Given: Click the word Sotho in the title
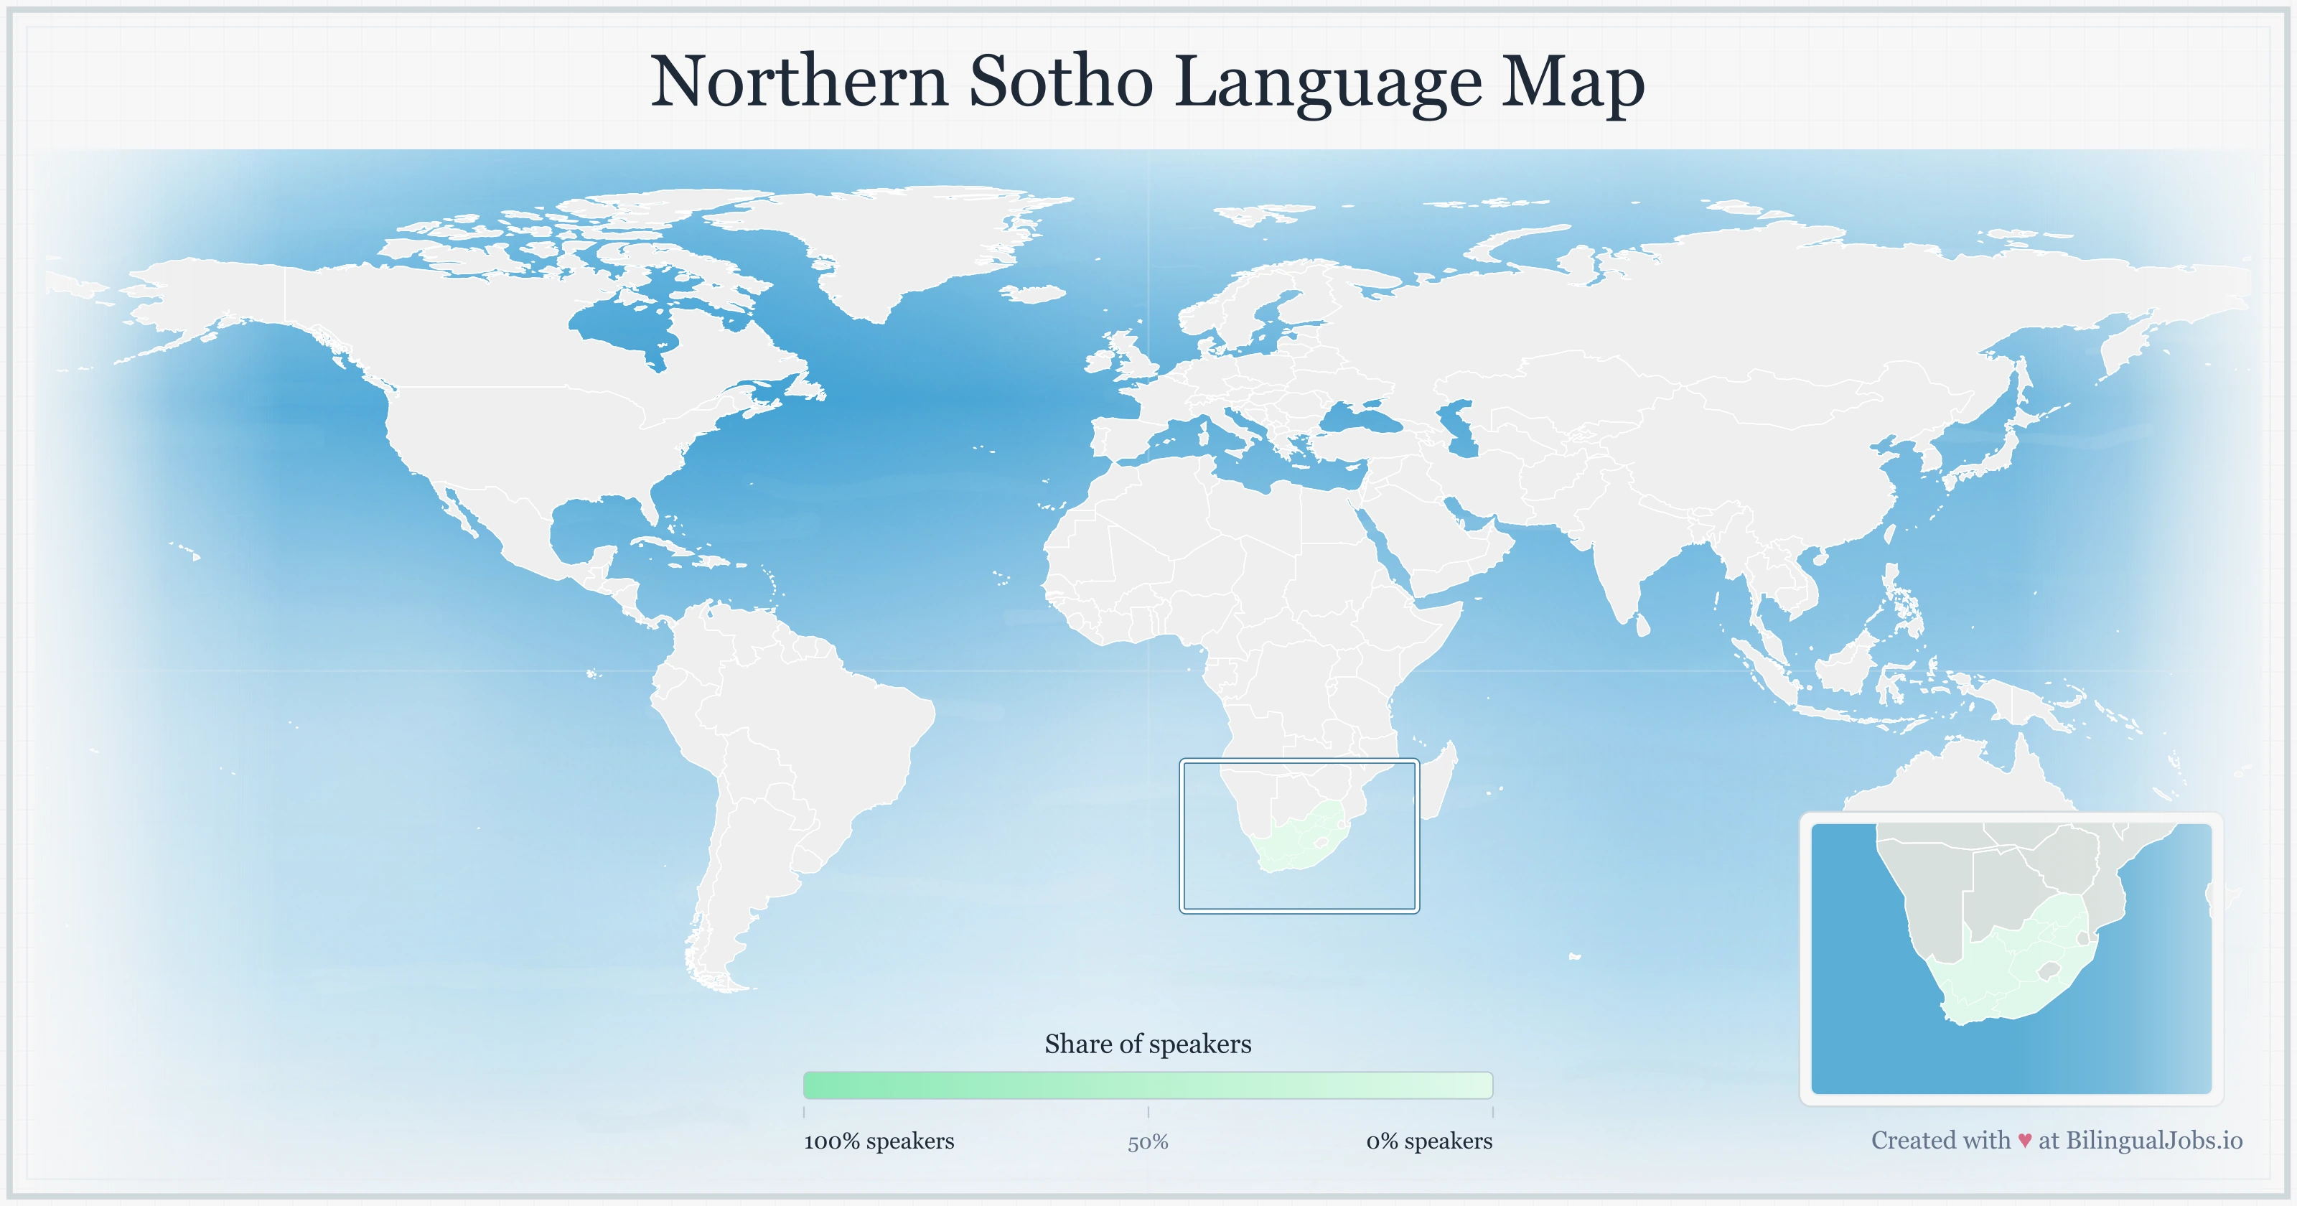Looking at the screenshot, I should pyautogui.click(x=1061, y=82).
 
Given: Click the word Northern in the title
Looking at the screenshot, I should pyautogui.click(x=799, y=82).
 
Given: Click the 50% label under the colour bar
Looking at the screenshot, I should pyautogui.click(x=1148, y=1143).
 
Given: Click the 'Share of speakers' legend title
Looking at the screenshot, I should pyautogui.click(x=1148, y=1044).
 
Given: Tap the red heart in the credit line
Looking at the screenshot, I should pyautogui.click(x=2024, y=1141).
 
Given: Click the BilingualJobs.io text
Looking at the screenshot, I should pyautogui.click(x=2153, y=1141).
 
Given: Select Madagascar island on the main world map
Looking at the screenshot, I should pyautogui.click(x=1437, y=785).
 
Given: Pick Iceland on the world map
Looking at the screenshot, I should pyautogui.click(x=1034, y=294).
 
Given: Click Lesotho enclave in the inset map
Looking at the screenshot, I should pyautogui.click(x=2048, y=970).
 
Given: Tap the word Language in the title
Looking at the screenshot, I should pyautogui.click(x=1329, y=82).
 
